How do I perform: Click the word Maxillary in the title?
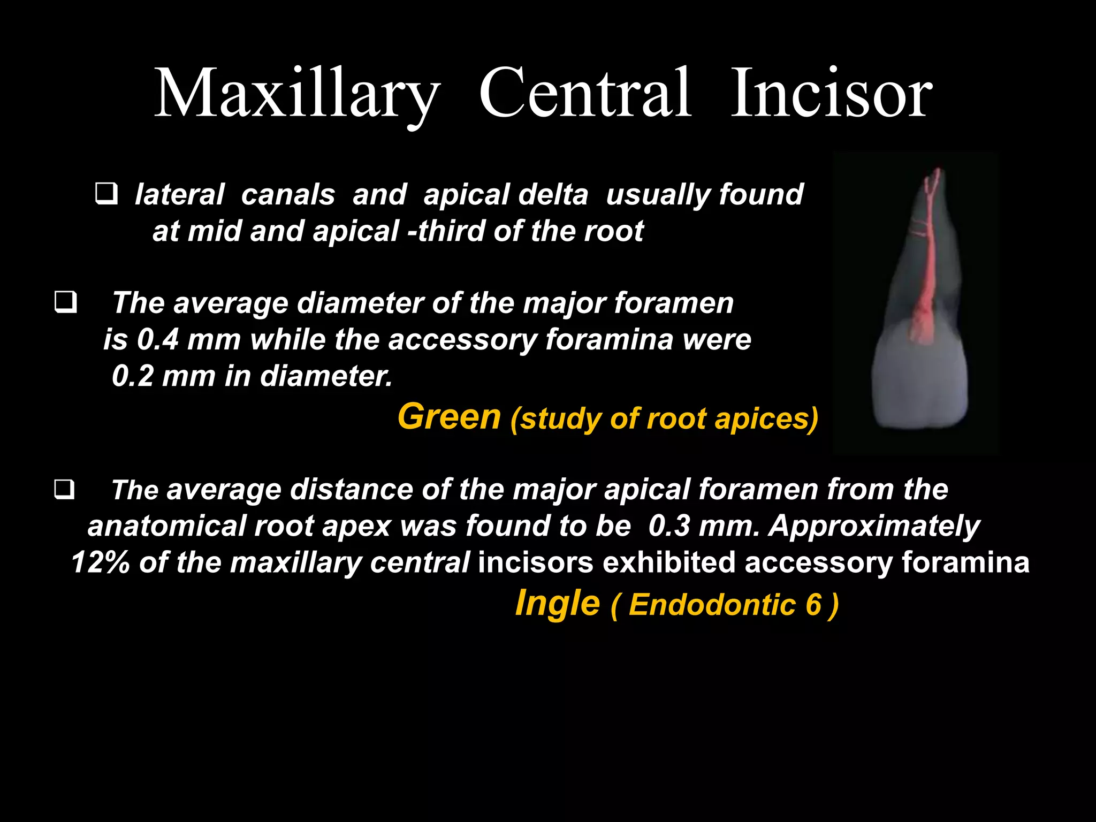(x=297, y=94)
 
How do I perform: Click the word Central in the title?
(x=585, y=94)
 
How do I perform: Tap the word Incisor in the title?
(x=831, y=94)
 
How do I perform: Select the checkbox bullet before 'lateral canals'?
(x=106, y=194)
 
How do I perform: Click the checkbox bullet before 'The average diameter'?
(x=65, y=302)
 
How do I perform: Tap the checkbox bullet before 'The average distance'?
(x=64, y=489)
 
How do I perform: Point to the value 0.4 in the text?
(x=157, y=339)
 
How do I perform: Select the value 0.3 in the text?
(x=669, y=526)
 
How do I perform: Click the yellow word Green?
(x=449, y=416)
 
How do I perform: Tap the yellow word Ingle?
(x=557, y=604)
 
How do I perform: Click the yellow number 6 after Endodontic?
(x=813, y=605)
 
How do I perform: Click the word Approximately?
(x=874, y=527)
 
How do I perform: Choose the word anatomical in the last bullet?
(x=166, y=526)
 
